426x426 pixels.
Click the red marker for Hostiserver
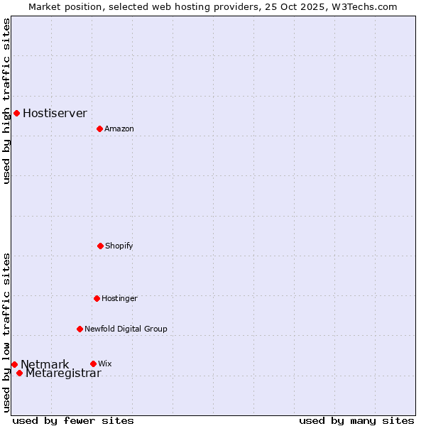[x=16, y=113]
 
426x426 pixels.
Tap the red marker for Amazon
[x=99, y=129]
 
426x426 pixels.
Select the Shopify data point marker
[x=100, y=246]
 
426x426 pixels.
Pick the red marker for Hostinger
[x=97, y=298]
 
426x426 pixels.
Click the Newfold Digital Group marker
[x=80, y=329]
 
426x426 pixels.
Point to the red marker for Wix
[x=93, y=364]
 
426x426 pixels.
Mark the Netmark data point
[x=14, y=364]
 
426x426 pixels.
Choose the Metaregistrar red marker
[x=19, y=373]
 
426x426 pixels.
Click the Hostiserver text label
[x=55, y=113]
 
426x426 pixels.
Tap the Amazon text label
[x=119, y=129]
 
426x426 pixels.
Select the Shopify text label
[x=119, y=246]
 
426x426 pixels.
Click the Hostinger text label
[x=119, y=298]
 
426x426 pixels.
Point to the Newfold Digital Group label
[x=126, y=329]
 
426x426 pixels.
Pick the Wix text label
[x=104, y=364]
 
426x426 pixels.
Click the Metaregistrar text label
[x=63, y=373]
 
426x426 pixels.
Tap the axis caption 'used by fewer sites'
[x=73, y=420]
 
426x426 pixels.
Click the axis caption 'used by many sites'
[x=356, y=420]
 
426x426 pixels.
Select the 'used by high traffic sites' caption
[x=6, y=101]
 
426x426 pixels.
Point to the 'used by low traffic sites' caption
[x=6, y=332]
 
